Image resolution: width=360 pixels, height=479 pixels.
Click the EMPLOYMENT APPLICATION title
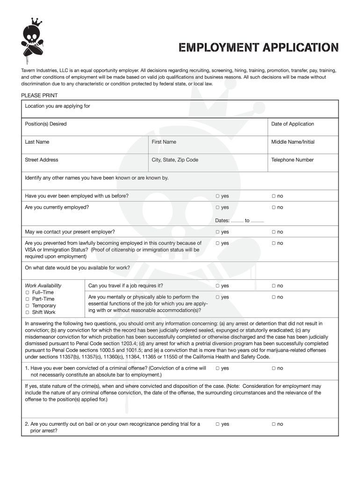(259, 48)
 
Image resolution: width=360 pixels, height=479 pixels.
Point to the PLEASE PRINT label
(39, 95)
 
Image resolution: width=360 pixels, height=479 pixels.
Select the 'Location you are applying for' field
(180, 109)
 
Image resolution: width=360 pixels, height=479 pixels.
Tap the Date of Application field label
(292, 124)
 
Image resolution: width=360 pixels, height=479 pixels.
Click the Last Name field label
(37, 142)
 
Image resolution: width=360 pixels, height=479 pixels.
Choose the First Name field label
(164, 142)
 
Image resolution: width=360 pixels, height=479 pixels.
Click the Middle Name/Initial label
(293, 142)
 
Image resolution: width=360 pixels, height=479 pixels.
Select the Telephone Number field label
(292, 160)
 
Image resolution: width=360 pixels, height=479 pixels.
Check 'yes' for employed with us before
(218, 196)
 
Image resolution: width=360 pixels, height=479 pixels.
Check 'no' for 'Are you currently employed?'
(274, 207)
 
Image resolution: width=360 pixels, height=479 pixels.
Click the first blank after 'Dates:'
(237, 221)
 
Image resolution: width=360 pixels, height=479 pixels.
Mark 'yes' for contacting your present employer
(218, 232)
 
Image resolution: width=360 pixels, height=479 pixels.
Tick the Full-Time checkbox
(27, 292)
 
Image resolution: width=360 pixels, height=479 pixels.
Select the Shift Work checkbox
(27, 312)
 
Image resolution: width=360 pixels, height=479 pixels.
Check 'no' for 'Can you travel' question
(274, 286)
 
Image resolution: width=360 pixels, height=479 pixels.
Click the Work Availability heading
(43, 285)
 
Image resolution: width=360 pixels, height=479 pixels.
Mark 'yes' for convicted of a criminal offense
(218, 368)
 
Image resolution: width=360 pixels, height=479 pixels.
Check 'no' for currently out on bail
(274, 424)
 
